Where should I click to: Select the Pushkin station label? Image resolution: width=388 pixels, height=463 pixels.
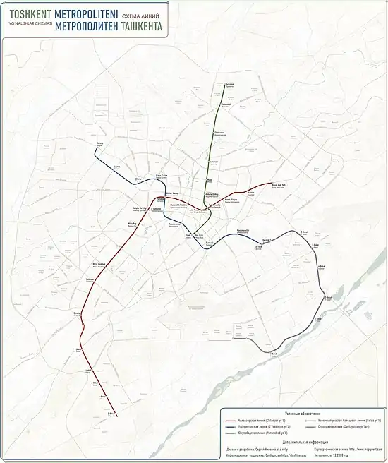point(250,191)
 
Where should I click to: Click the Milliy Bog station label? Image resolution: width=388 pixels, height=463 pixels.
point(131,243)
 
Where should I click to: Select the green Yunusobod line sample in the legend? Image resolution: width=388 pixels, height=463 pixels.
point(234,433)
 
